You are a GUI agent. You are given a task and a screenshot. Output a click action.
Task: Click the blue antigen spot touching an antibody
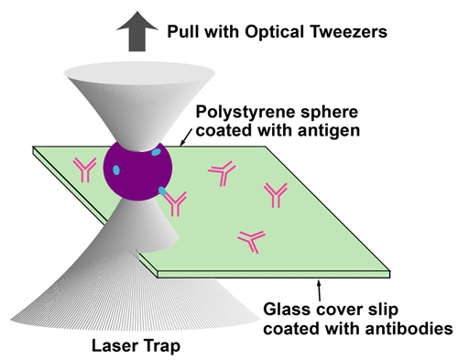tap(162, 191)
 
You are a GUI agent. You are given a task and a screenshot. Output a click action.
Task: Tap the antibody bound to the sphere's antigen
tap(176, 198)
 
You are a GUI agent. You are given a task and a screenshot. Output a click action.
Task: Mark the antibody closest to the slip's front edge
tap(250, 240)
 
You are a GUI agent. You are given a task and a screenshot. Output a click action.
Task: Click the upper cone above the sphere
tap(137, 101)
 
